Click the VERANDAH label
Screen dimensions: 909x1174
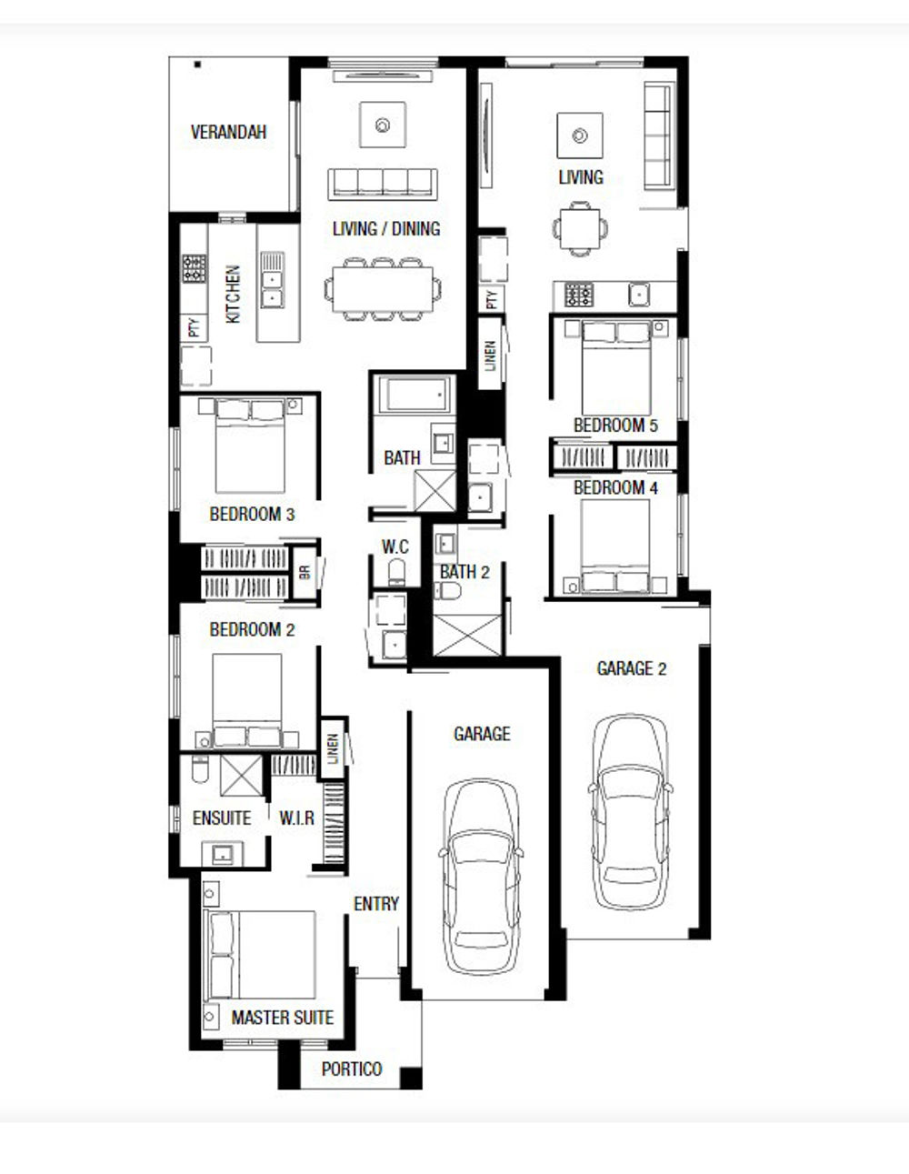(x=228, y=133)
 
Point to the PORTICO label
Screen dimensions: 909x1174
(x=352, y=1069)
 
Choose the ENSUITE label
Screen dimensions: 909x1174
(x=222, y=818)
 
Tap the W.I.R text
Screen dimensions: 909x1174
(x=296, y=818)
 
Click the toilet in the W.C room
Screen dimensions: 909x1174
(x=396, y=572)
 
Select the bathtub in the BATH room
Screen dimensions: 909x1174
(x=415, y=394)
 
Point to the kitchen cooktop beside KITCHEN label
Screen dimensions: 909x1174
(x=194, y=268)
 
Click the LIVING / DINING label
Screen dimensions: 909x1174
(x=386, y=228)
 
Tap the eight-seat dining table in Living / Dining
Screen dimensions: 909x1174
(x=383, y=289)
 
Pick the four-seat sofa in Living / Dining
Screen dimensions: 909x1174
(x=383, y=185)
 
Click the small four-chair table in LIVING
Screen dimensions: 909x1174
(x=580, y=228)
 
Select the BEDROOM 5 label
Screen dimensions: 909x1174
(x=615, y=426)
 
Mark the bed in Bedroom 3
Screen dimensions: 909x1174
(x=250, y=446)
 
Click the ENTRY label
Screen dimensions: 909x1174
(x=376, y=903)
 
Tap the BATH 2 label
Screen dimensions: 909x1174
(x=464, y=572)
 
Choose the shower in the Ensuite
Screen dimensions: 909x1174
(x=241, y=776)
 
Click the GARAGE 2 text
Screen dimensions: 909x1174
(x=631, y=669)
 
